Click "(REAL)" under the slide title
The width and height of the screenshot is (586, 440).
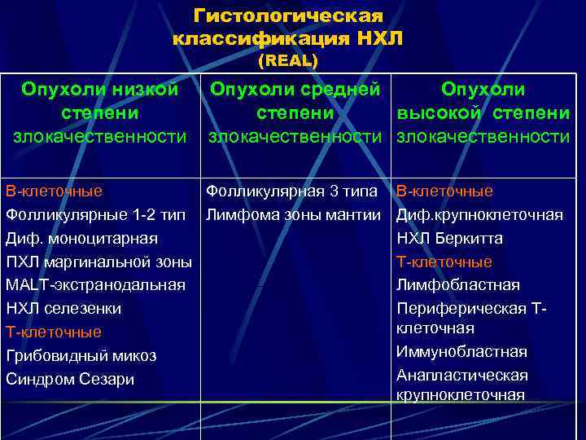click(x=287, y=61)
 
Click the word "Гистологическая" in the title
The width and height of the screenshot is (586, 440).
click(x=288, y=16)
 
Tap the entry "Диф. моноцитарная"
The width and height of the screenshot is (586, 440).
click(x=81, y=239)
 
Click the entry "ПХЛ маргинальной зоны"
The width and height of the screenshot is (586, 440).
click(x=98, y=262)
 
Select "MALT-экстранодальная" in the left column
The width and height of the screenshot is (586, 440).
click(x=95, y=285)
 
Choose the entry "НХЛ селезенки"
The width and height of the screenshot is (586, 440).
click(x=63, y=309)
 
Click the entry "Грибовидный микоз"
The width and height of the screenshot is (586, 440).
click(x=81, y=356)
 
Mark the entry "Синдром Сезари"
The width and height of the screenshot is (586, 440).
click(x=69, y=380)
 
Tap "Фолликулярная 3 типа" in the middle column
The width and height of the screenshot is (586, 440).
click(x=291, y=191)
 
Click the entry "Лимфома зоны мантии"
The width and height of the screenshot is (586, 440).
click(x=293, y=215)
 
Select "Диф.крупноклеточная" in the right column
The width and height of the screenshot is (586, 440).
click(x=480, y=215)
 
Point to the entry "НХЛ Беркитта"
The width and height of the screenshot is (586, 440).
click(x=449, y=239)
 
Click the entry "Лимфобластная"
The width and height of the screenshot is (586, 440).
click(x=458, y=285)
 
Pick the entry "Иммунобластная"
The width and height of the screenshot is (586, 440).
click(x=461, y=352)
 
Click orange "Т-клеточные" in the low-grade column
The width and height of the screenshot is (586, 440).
click(x=54, y=332)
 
